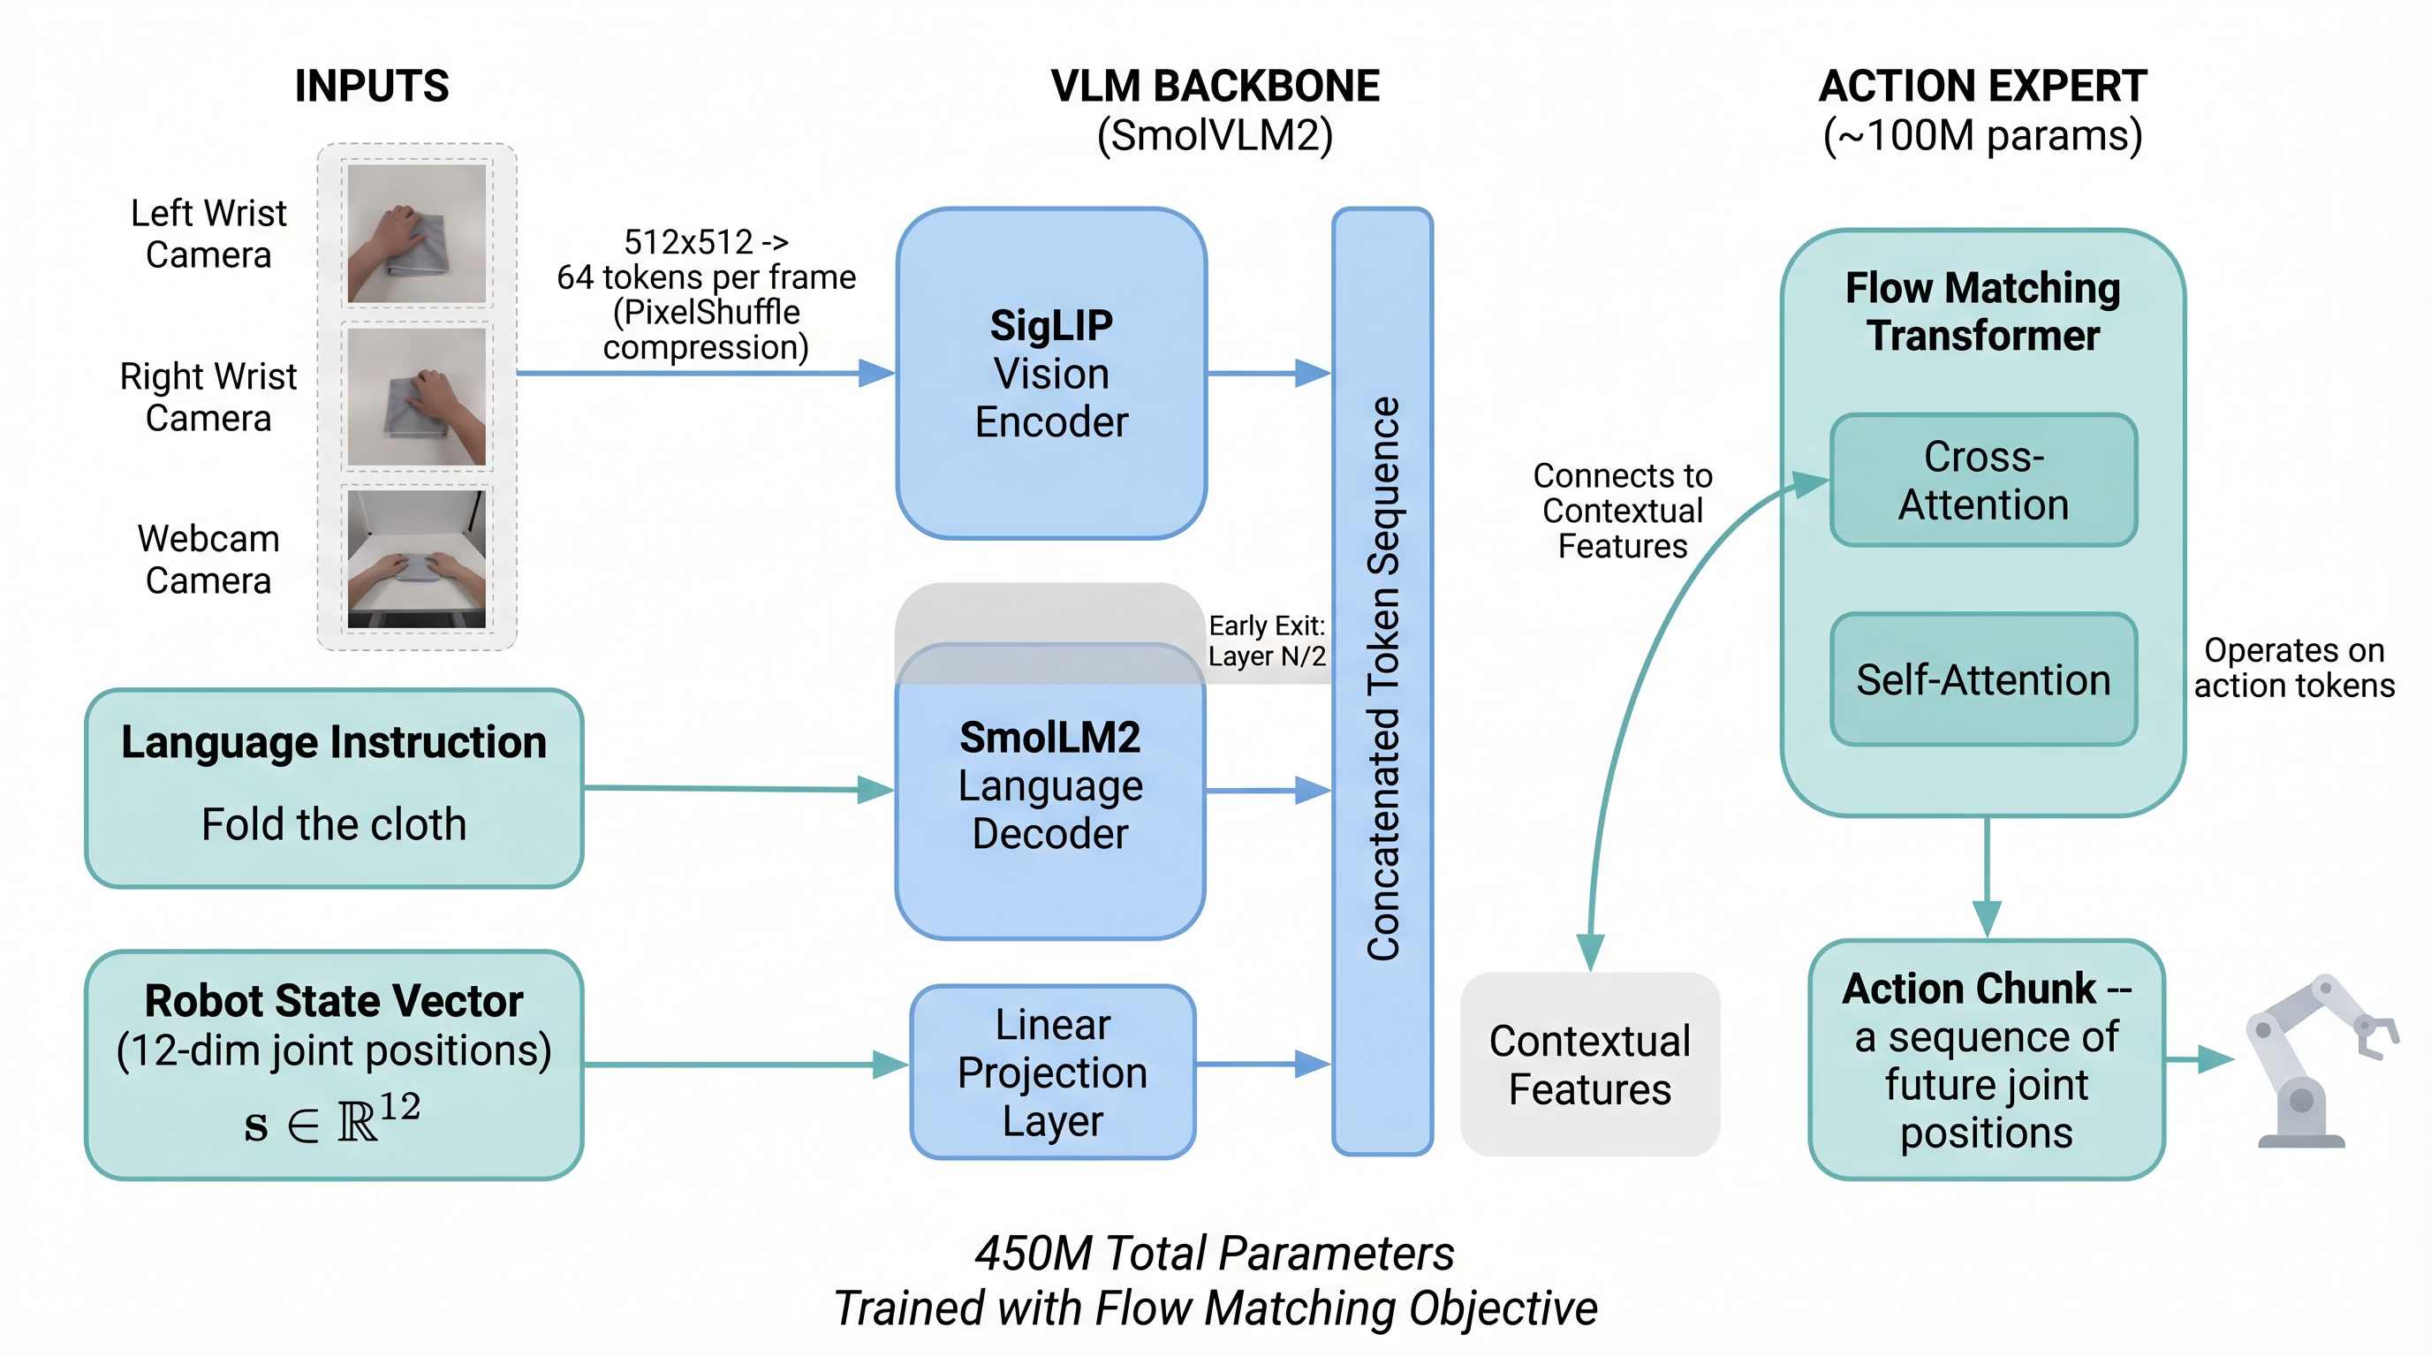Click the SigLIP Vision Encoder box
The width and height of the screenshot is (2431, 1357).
coord(1051,374)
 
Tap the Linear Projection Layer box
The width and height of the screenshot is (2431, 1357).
coord(1052,1072)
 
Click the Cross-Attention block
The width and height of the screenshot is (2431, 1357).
coord(1983,481)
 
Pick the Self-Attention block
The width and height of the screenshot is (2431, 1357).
coord(1983,679)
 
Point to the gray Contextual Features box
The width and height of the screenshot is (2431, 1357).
coord(1589,1065)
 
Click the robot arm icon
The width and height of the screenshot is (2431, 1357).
coord(2319,1062)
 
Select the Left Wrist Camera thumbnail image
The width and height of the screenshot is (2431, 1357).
coord(416,233)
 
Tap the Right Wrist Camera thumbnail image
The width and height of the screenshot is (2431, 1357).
coord(416,397)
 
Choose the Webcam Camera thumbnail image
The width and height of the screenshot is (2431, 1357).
coord(416,558)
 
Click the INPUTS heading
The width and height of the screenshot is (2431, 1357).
coord(372,86)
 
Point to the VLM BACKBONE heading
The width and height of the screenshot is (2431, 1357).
coord(1215,86)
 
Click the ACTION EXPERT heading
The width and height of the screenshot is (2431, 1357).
coord(1983,86)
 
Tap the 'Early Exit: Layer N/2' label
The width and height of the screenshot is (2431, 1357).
coord(1267,641)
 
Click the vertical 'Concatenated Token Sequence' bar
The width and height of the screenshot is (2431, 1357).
coord(1382,679)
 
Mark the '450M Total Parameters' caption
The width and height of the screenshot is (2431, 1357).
coord(1215,1254)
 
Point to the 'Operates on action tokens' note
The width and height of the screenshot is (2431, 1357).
coord(2294,667)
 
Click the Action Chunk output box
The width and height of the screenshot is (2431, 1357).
coord(1987,1060)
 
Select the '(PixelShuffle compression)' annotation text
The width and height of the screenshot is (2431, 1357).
coord(706,330)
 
